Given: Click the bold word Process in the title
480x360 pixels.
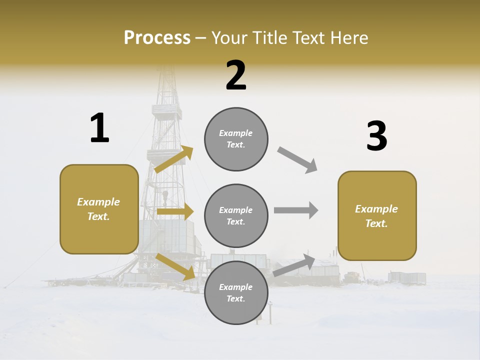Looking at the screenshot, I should [x=157, y=37].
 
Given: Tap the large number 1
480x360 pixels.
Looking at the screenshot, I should [x=99, y=128].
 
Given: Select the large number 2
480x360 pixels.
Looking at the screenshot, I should [x=236, y=75].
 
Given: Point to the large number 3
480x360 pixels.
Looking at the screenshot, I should [x=376, y=136].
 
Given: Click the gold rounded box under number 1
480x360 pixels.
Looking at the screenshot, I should [x=99, y=209].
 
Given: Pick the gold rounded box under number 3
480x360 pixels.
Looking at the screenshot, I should [x=377, y=215].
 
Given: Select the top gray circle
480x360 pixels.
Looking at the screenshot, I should [x=236, y=139].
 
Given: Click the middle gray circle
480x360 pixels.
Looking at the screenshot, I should [x=236, y=215].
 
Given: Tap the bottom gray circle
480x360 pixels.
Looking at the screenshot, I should [x=236, y=292].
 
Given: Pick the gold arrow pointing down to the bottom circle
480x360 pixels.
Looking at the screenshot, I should [x=175, y=266].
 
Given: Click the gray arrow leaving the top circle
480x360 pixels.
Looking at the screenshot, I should [x=297, y=160].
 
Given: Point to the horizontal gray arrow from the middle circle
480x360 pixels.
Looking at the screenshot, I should [x=295, y=210].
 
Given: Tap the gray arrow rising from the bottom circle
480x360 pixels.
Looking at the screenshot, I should [x=294, y=265].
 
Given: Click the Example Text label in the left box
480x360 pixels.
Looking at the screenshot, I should [x=98, y=209].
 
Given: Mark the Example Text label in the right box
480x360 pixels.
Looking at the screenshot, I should [x=376, y=216].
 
